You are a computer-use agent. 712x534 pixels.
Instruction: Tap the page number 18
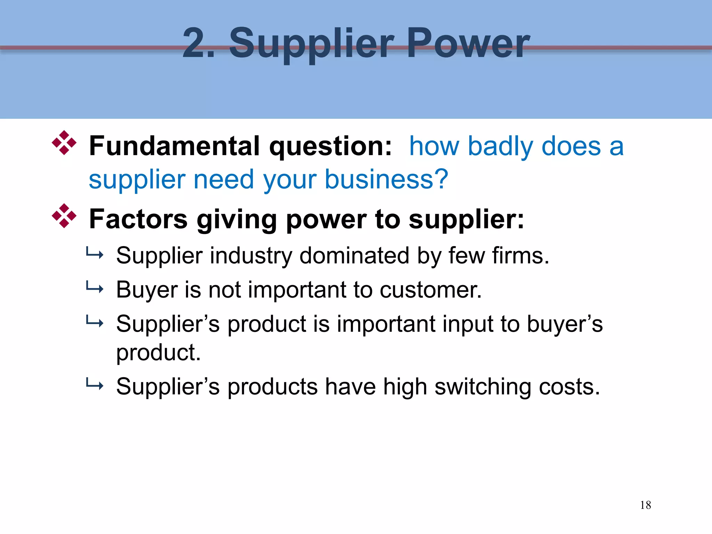[645, 505]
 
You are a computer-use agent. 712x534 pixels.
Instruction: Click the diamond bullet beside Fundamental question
[64, 143]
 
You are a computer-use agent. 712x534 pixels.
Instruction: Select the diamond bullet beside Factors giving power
[64, 216]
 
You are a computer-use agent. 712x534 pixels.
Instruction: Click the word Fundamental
[174, 146]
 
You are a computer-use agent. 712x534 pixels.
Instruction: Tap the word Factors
[138, 219]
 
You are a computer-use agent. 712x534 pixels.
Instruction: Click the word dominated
[354, 256]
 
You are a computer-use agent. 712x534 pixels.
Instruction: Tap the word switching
[483, 387]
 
